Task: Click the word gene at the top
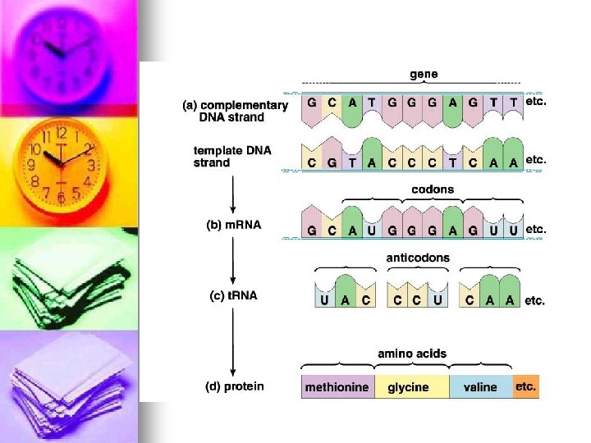pyautogui.click(x=424, y=74)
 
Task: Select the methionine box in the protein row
pyautogui.click(x=337, y=386)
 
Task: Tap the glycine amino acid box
pyautogui.click(x=408, y=386)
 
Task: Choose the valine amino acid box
pyautogui.click(x=480, y=386)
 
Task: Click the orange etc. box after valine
pyautogui.click(x=526, y=386)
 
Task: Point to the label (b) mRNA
pyautogui.click(x=233, y=226)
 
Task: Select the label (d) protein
pyautogui.click(x=235, y=386)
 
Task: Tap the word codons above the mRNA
pyautogui.click(x=432, y=190)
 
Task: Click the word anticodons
pyautogui.click(x=418, y=258)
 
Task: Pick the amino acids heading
pyautogui.click(x=412, y=354)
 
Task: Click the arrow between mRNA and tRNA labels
pyautogui.click(x=233, y=261)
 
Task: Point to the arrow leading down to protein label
pyautogui.click(x=233, y=345)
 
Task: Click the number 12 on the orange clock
pyautogui.click(x=62, y=134)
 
